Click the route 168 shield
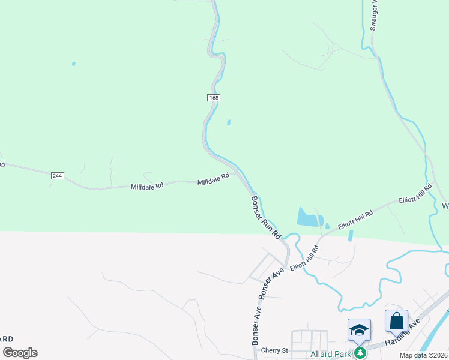[x=214, y=98]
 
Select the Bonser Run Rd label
[x=266, y=218]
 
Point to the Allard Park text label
[x=330, y=353]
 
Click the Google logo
[x=20, y=353]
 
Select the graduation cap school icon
[x=359, y=330]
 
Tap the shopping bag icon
[x=397, y=321]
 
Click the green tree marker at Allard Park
[x=360, y=353]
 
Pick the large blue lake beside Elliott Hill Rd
[x=307, y=217]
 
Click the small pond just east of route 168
[x=228, y=123]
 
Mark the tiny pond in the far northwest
[x=73, y=63]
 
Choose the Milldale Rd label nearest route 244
[x=147, y=187]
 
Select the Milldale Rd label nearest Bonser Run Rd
[x=214, y=179]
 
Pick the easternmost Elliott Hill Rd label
[x=415, y=195]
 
